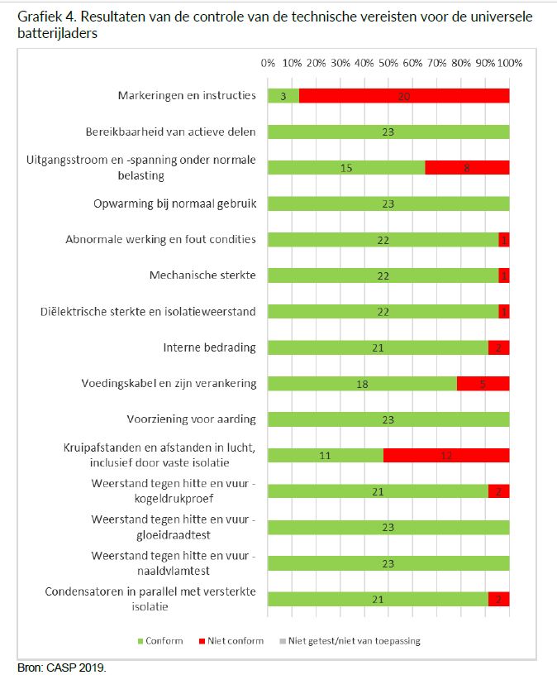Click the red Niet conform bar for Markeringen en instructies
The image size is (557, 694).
click(404, 95)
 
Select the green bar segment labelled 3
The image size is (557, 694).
click(283, 95)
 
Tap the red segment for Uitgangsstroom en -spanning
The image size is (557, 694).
click(467, 167)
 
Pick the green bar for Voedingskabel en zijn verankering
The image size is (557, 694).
click(362, 383)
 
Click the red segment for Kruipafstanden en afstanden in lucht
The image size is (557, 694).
click(446, 455)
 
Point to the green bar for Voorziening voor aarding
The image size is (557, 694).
click(388, 419)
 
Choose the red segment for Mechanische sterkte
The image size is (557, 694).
click(504, 275)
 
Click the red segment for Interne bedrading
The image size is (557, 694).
click(498, 347)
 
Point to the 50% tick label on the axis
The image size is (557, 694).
click(388, 63)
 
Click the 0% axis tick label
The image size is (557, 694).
click(268, 63)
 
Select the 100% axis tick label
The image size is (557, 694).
click(509, 63)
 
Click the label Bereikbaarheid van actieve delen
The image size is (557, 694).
click(171, 131)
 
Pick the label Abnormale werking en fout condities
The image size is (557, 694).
click(161, 239)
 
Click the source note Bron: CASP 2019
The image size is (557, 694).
click(62, 668)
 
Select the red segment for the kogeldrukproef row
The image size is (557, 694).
click(498, 491)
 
